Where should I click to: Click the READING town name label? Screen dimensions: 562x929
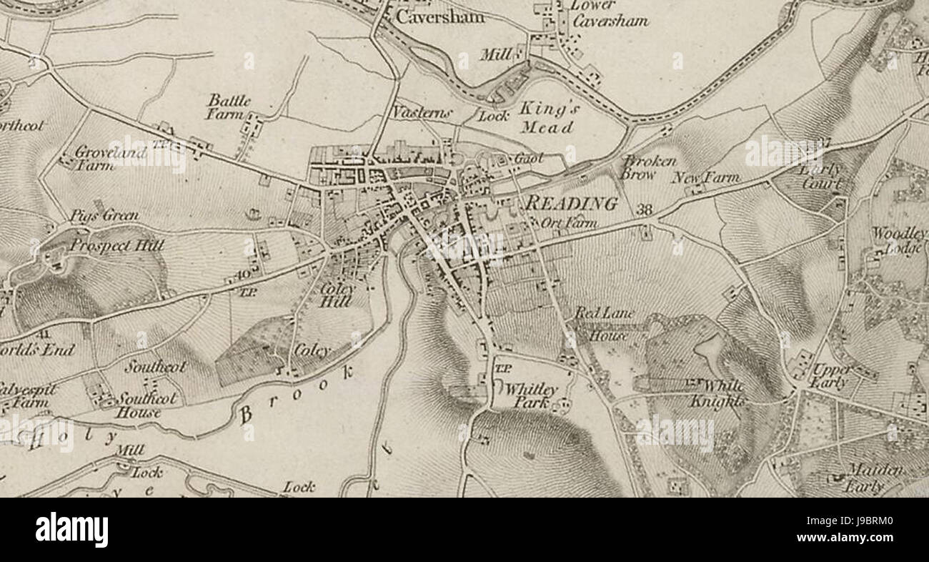pos(571,204)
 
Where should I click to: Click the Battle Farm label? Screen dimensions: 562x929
pos(229,107)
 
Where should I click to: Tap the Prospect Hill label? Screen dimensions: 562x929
pos(116,246)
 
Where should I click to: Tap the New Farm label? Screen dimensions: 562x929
pos(705,177)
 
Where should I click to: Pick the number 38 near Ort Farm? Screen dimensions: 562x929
pos(644,209)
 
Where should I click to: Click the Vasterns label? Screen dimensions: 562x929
pos(412,113)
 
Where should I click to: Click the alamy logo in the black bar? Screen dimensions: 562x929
pos(71,530)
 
